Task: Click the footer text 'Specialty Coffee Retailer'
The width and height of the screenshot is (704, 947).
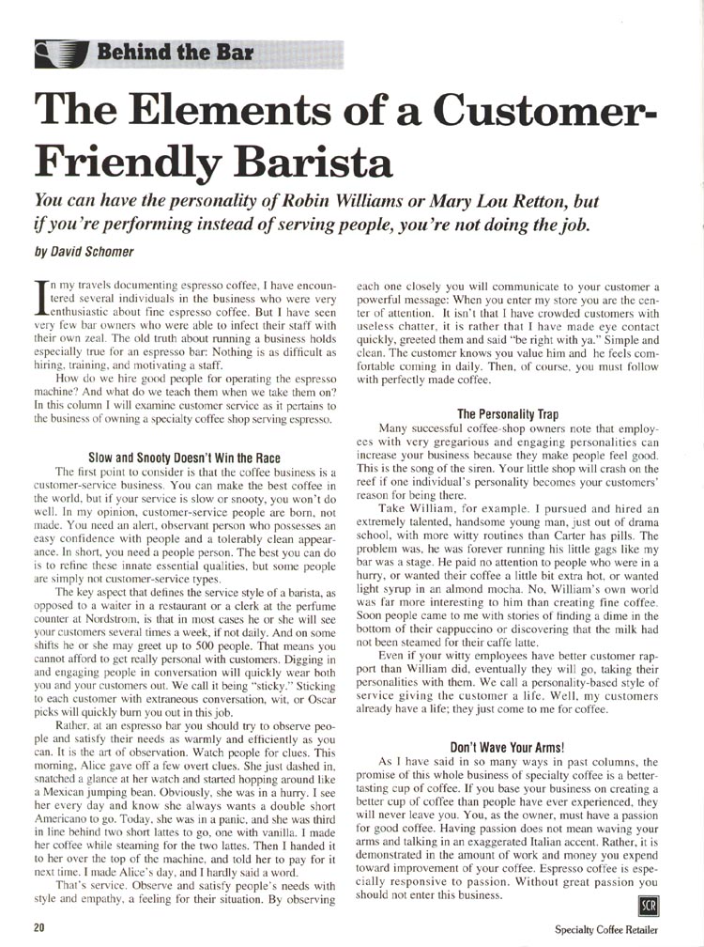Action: coord(607,928)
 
